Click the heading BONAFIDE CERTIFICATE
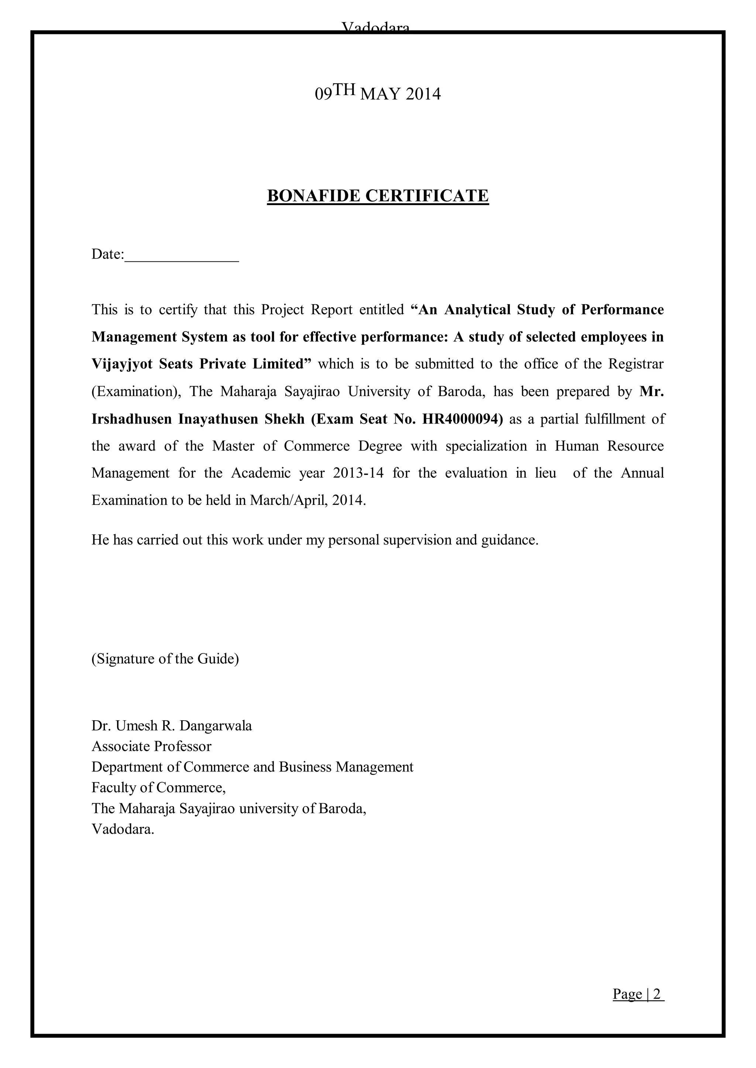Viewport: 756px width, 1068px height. [x=378, y=196]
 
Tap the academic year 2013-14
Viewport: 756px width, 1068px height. [x=358, y=473]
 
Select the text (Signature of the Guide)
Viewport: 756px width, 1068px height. [x=165, y=659]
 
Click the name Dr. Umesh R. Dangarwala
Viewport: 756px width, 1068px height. [x=172, y=726]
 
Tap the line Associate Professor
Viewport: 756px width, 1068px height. [x=151, y=746]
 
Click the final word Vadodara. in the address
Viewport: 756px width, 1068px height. [x=123, y=829]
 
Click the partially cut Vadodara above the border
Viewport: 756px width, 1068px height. [x=376, y=27]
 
